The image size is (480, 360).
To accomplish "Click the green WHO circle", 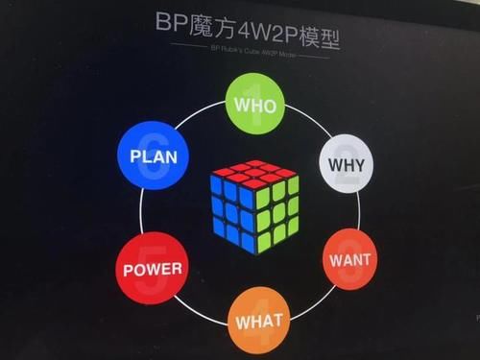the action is (x=253, y=103).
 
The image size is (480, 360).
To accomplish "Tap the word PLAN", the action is (x=154, y=156).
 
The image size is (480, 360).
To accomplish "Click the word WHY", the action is (x=348, y=165).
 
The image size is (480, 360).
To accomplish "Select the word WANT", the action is (x=350, y=260).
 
